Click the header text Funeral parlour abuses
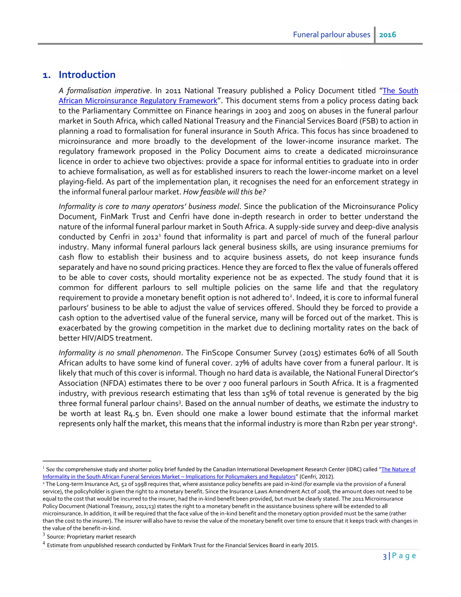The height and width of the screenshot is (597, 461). pyautogui.click(x=331, y=35)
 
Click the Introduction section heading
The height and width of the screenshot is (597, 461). pyautogui.click(x=87, y=75)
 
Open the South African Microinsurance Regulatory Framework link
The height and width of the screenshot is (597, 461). pyautogui.click(x=138, y=101)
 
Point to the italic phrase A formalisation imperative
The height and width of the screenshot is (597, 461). pyautogui.click(x=104, y=91)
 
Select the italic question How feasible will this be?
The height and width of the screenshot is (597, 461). pyautogui.click(x=224, y=192)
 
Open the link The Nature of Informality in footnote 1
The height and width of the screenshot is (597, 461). pyautogui.click(x=398, y=469)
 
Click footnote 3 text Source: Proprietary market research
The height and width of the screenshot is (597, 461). pyautogui.click(x=91, y=537)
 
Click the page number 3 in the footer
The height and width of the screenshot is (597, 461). pyautogui.click(x=384, y=556)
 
